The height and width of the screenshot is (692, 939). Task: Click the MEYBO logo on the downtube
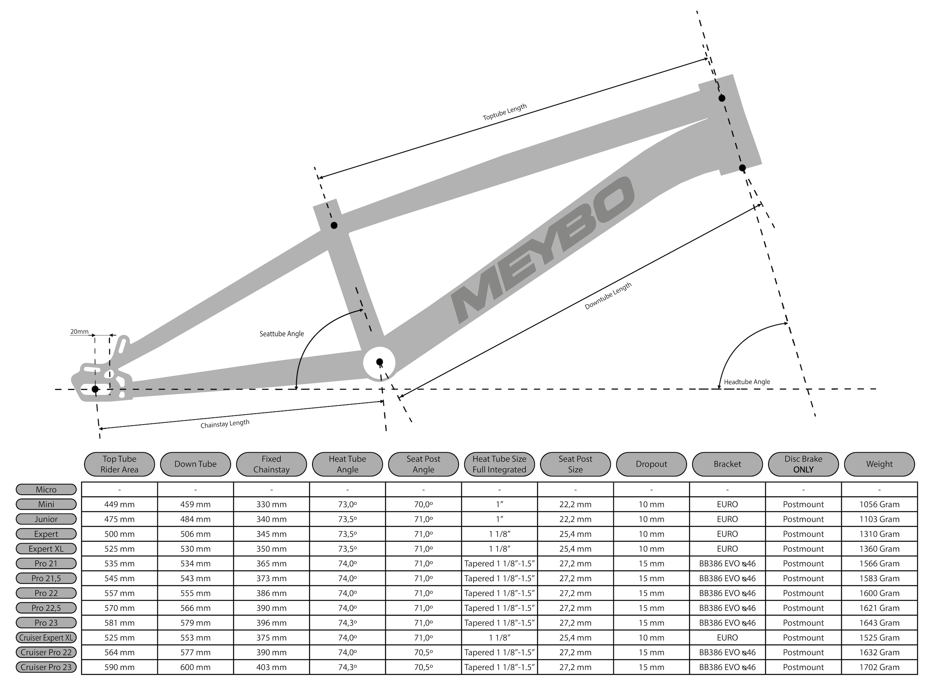click(542, 250)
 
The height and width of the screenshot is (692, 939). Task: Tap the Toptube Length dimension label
click(505, 112)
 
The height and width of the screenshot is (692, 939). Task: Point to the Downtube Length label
click(608, 296)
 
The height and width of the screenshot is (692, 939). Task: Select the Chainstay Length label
click(225, 424)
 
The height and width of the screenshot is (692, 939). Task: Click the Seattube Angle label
click(281, 334)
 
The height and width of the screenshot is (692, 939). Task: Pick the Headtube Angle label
click(747, 382)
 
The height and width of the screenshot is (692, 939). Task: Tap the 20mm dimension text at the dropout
click(79, 332)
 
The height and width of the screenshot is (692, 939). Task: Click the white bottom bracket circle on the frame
click(379, 363)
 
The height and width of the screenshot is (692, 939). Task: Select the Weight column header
click(879, 464)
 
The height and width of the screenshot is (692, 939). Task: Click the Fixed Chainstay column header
click(272, 464)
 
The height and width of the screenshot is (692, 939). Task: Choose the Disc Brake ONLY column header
click(803, 464)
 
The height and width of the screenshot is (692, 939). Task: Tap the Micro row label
click(46, 490)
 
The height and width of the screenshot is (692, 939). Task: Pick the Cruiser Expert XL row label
click(46, 638)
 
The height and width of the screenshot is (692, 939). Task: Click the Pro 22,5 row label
click(46, 608)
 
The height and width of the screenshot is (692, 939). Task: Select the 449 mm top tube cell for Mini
click(119, 504)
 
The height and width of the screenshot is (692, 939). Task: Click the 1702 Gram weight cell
click(879, 667)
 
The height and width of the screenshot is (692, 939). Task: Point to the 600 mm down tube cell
click(195, 667)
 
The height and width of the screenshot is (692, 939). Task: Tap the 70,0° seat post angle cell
click(423, 504)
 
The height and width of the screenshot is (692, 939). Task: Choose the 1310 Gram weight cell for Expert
click(879, 534)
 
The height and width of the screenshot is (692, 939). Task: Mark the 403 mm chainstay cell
click(272, 667)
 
